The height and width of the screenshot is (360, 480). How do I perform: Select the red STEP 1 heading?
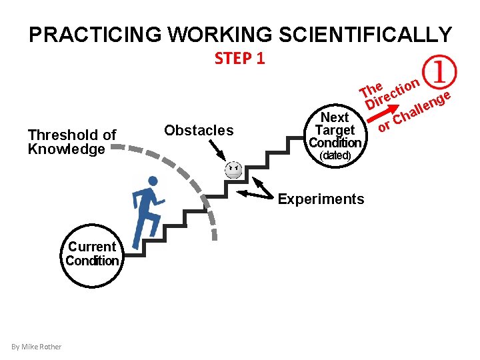pyautogui.click(x=240, y=59)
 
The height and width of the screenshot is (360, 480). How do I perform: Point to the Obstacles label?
pyautogui.click(x=199, y=130)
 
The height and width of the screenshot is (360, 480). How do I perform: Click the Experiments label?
pyautogui.click(x=321, y=199)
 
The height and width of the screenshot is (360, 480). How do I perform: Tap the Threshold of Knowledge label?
pyautogui.click(x=72, y=142)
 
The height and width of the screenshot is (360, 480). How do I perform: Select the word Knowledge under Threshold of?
pyautogui.click(x=66, y=149)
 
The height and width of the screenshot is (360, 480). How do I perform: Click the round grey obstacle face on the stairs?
pyautogui.click(x=233, y=170)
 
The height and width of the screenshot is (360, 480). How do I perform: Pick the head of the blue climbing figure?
pyautogui.click(x=153, y=181)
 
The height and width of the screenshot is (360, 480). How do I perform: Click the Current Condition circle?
pyautogui.click(x=92, y=254)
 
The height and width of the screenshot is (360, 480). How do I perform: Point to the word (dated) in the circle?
pyautogui.click(x=335, y=155)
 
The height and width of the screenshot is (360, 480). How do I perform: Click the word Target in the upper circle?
pyautogui.click(x=335, y=130)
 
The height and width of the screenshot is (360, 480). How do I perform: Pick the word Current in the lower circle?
pyautogui.click(x=92, y=247)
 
